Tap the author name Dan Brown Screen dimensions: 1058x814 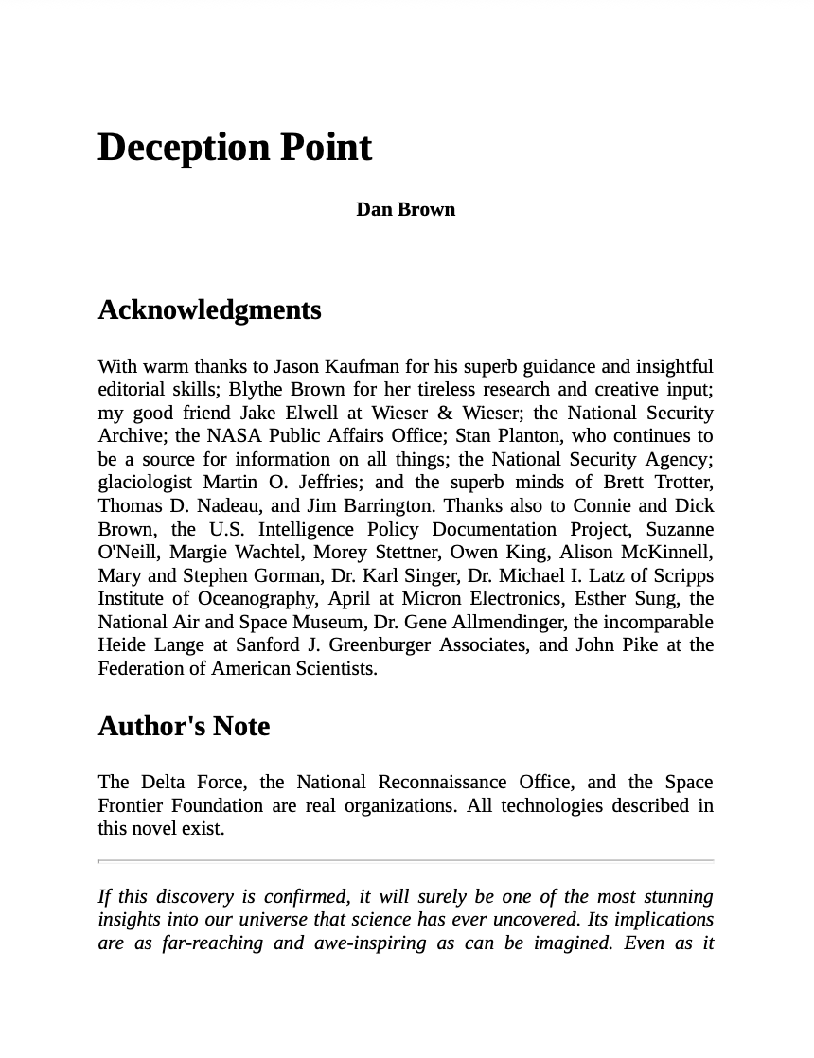(x=405, y=209)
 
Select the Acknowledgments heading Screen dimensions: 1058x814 (x=209, y=310)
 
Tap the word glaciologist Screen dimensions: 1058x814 (x=145, y=483)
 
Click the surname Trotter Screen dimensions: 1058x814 (x=684, y=483)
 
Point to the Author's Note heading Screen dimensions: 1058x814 (x=184, y=726)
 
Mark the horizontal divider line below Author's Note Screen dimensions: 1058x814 (x=405, y=861)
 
